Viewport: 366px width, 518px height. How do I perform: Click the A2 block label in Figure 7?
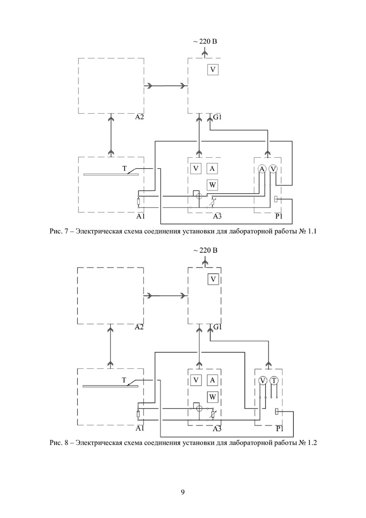click(x=139, y=118)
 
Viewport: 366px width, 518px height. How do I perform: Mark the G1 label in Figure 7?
click(x=217, y=118)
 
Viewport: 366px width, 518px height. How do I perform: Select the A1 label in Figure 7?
click(x=141, y=217)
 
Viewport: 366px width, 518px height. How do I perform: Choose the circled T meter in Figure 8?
click(x=274, y=380)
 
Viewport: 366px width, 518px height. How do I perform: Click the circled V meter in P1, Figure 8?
click(x=263, y=380)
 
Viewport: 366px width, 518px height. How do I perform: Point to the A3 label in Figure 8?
click(x=217, y=428)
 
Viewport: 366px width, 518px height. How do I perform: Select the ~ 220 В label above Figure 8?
click(x=205, y=251)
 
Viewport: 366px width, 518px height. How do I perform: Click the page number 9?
click(x=183, y=492)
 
